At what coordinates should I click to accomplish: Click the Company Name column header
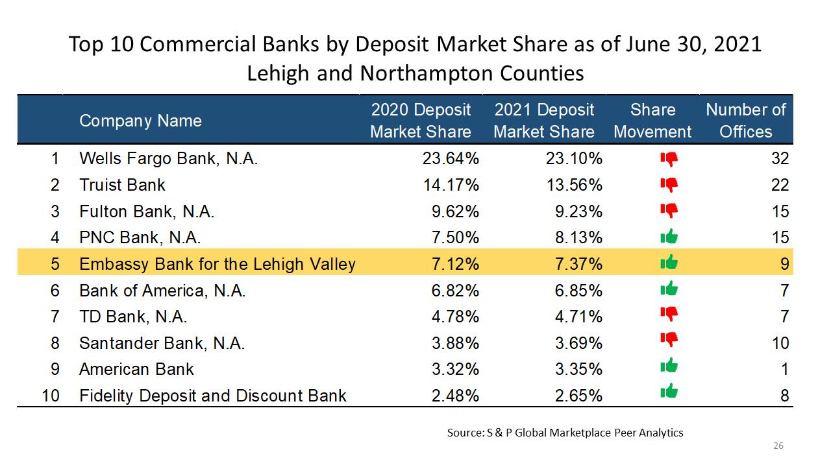pyautogui.click(x=141, y=121)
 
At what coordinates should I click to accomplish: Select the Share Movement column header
pyautogui.click(x=652, y=121)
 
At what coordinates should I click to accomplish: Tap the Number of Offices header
pyautogui.click(x=746, y=121)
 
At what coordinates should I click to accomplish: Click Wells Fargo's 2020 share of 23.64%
pyautogui.click(x=451, y=159)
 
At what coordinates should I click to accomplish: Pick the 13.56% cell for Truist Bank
pyautogui.click(x=575, y=185)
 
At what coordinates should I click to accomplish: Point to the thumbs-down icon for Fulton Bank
pyautogui.click(x=669, y=211)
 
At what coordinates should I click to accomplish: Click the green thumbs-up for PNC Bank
pyautogui.click(x=669, y=236)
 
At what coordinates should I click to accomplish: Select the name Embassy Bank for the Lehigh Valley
pyautogui.click(x=217, y=264)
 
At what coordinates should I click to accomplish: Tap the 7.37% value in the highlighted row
pyautogui.click(x=578, y=264)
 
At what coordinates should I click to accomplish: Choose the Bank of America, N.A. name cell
pyautogui.click(x=162, y=291)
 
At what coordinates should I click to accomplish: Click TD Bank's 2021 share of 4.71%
pyautogui.click(x=578, y=317)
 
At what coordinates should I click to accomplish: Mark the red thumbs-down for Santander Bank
pyautogui.click(x=669, y=339)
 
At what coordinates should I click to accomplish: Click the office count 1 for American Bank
pyautogui.click(x=784, y=370)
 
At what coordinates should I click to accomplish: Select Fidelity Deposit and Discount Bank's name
pyautogui.click(x=212, y=396)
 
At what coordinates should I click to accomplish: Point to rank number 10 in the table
pyautogui.click(x=51, y=396)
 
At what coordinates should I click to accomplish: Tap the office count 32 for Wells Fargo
pyautogui.click(x=780, y=159)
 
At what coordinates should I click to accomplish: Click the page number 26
pyautogui.click(x=778, y=446)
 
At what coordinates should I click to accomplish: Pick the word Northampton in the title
pyautogui.click(x=427, y=73)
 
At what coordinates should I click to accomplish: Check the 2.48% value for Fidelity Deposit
pyautogui.click(x=455, y=396)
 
